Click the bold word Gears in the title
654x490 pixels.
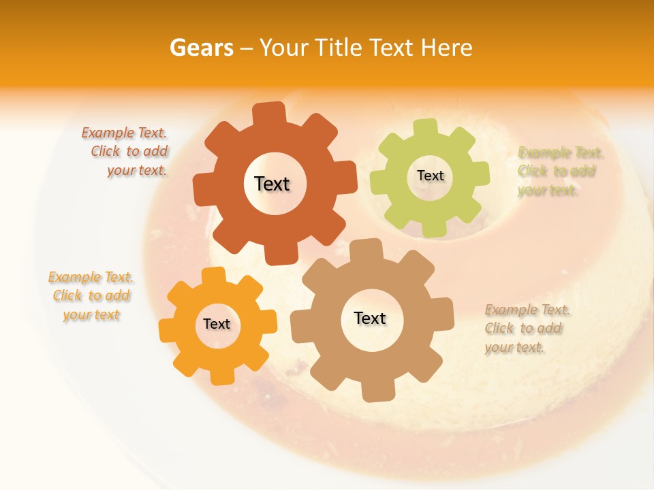(200, 48)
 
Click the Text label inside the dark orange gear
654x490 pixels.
(272, 184)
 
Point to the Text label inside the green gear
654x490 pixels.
(430, 176)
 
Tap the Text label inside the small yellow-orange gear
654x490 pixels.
(217, 324)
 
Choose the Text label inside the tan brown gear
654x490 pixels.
(370, 318)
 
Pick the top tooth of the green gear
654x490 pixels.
(426, 127)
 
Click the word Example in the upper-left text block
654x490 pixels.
(108, 133)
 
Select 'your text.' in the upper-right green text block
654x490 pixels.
(547, 190)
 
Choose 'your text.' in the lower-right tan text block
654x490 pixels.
(514, 347)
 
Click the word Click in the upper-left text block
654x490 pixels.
(106, 151)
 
